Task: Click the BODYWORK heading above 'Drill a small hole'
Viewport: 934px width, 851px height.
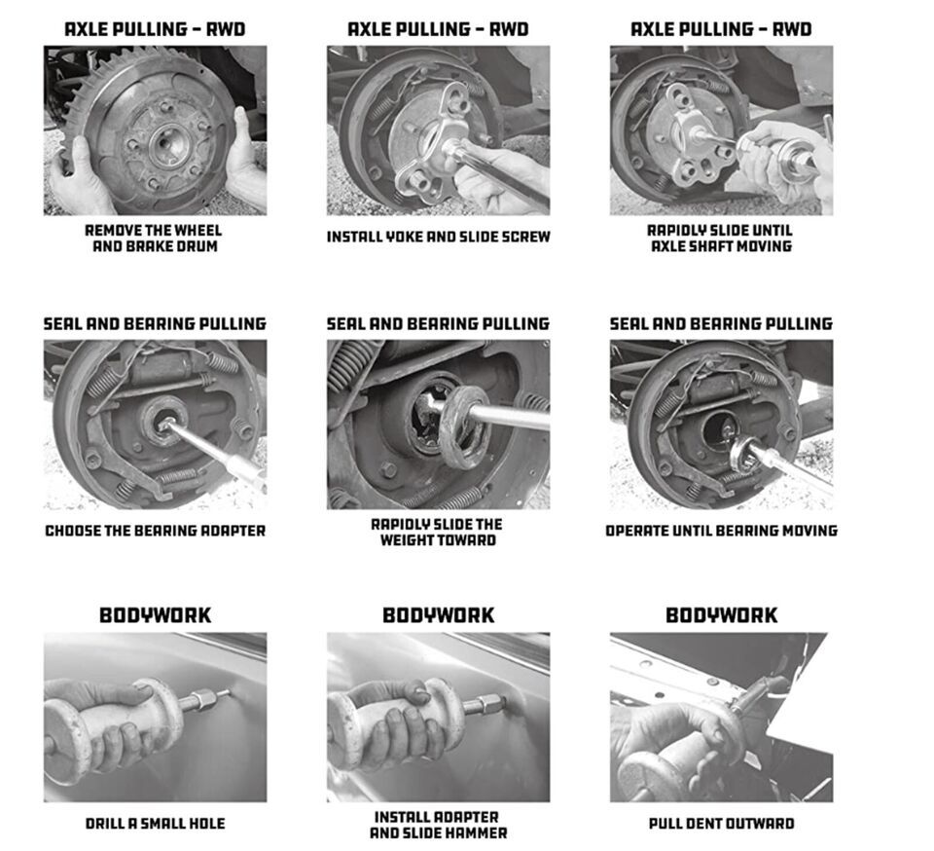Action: [x=155, y=615]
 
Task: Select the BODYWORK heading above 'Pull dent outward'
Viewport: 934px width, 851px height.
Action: [x=721, y=615]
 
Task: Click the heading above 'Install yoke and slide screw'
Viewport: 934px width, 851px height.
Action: [x=438, y=29]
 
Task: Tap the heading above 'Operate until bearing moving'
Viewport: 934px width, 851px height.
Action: [x=721, y=323]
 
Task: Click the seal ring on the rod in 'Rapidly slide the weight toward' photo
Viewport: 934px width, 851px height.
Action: [x=463, y=427]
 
